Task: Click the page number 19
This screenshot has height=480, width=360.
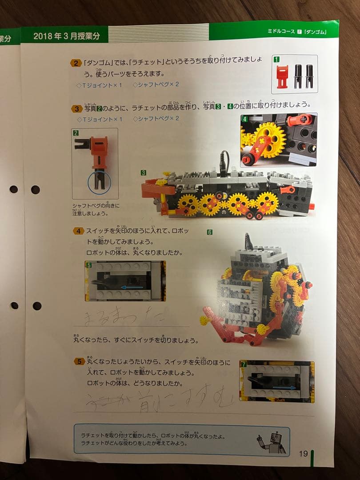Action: [303, 453]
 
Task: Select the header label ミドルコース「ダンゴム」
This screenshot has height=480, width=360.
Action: [297, 32]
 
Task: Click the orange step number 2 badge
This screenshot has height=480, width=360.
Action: [76, 63]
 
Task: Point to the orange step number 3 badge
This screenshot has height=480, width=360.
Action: [76, 108]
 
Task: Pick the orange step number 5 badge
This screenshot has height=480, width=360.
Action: [79, 361]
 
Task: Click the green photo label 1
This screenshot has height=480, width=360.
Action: [276, 59]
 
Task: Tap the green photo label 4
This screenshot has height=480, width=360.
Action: [244, 119]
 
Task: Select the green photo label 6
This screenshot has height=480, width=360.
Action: [210, 232]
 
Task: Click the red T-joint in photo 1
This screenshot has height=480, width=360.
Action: [282, 76]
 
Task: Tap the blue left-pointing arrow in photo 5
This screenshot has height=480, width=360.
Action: [132, 287]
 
